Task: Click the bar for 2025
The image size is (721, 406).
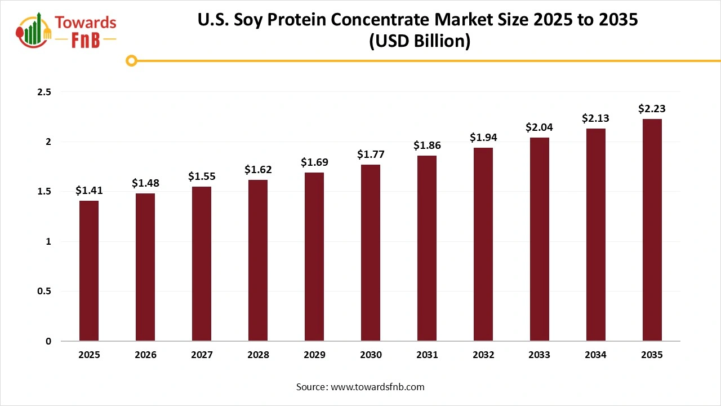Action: pos(89,271)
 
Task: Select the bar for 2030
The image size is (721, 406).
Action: pos(371,253)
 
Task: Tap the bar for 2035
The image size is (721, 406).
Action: pos(652,230)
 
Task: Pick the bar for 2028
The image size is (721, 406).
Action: pos(258,260)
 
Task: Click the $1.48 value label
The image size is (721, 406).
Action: pos(145,183)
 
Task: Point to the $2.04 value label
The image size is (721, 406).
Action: pos(539,127)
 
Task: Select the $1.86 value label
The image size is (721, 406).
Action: pos(427,145)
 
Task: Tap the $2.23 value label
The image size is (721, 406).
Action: pos(652,108)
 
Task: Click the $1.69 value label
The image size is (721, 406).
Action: pos(314,162)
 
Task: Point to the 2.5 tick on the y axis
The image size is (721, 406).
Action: pos(44,92)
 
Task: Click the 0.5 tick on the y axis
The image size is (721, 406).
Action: pos(44,292)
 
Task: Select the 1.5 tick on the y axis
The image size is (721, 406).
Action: pos(44,192)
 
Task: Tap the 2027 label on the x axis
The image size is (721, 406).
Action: pos(202,355)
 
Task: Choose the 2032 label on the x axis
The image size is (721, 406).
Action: pos(483,355)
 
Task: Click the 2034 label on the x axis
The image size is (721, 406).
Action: pos(596,355)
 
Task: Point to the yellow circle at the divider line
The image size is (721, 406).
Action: pos(132,60)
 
